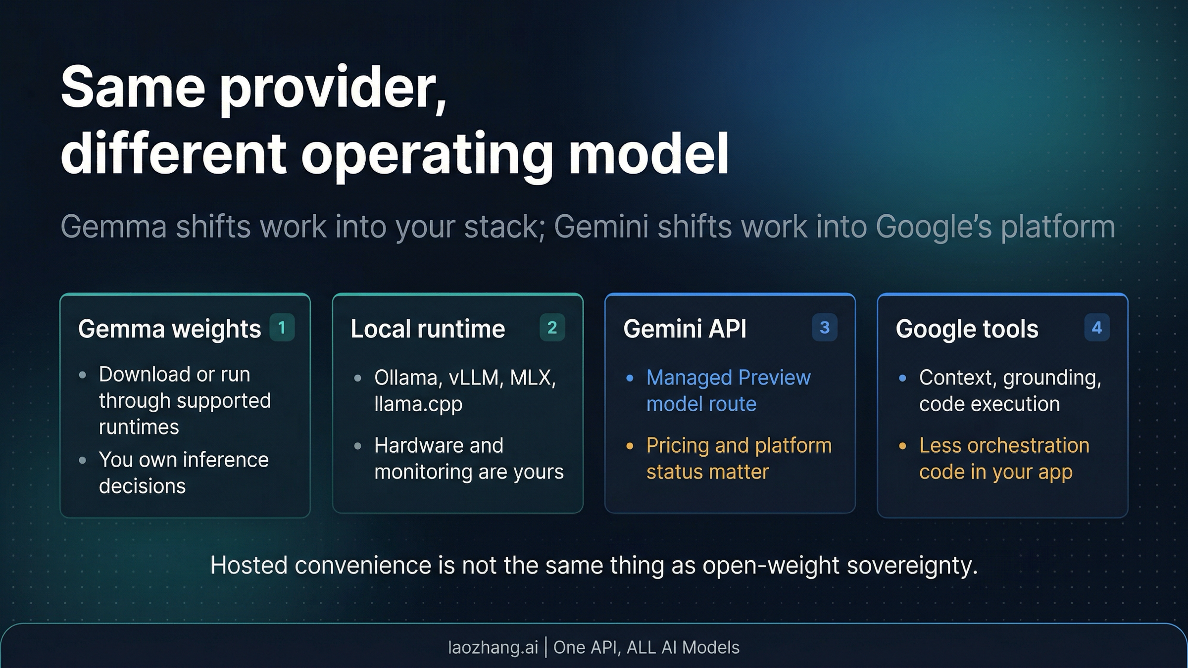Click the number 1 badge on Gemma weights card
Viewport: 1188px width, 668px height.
tap(282, 328)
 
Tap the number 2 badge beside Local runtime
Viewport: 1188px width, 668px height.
tap(552, 328)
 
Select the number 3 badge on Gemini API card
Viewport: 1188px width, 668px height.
tap(824, 328)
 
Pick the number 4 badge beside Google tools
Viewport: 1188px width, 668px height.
tap(1096, 328)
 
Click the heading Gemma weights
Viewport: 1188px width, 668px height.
tap(169, 329)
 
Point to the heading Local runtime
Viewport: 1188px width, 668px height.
tap(428, 329)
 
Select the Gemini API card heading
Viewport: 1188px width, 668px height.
tap(685, 329)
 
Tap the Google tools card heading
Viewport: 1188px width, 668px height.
tap(967, 329)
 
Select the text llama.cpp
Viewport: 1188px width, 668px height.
tap(418, 404)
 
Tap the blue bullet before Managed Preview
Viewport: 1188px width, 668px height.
tap(630, 379)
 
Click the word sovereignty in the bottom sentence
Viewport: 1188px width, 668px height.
tap(912, 566)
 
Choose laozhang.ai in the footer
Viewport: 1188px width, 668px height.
tap(493, 647)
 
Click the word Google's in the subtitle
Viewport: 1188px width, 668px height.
tap(934, 227)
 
